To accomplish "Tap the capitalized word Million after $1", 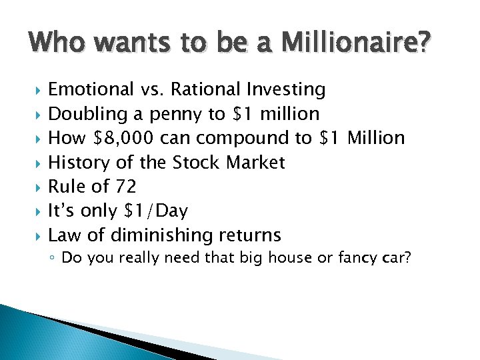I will click(376, 138).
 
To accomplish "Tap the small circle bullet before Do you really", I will click(53, 258).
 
